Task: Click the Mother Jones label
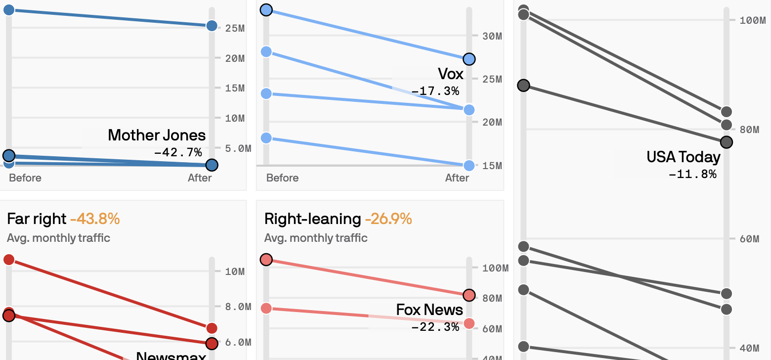(156, 135)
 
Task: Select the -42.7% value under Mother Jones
(178, 152)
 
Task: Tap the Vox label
(451, 74)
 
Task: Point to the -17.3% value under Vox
(435, 91)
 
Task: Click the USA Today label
(683, 157)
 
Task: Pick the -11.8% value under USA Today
(692, 174)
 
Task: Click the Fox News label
(429, 310)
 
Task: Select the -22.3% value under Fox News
(435, 327)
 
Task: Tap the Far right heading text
(37, 219)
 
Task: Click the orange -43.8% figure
(95, 219)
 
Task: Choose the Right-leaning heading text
(312, 219)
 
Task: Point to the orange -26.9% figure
(388, 219)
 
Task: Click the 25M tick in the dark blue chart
(235, 28)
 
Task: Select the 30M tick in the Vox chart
(492, 36)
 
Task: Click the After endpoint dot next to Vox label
(469, 59)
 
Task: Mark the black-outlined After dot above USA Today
(726, 142)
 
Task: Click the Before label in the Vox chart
(282, 178)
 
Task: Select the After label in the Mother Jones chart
(200, 178)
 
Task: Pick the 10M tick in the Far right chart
(235, 271)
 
